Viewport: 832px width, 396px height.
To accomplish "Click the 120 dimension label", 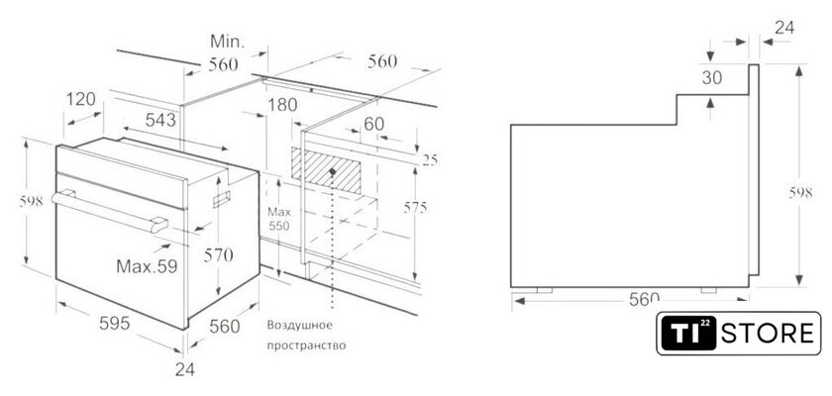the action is [81, 99].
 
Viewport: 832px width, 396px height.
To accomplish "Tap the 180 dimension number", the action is [282, 105].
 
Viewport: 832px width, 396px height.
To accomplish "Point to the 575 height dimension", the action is [415, 208].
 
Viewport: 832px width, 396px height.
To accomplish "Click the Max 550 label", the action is [278, 219].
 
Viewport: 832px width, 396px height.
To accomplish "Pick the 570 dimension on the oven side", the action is [218, 255].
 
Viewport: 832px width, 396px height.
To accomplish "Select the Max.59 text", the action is [147, 265].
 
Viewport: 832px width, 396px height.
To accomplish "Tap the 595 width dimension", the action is [115, 323].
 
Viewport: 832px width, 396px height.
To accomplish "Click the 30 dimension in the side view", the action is [712, 78].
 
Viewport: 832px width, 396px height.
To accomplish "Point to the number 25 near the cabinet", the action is [430, 160].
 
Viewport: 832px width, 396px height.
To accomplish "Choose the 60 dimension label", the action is [374, 124].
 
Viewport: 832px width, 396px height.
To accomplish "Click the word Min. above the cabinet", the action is [227, 42].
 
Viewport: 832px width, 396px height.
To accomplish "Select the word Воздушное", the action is [300, 325].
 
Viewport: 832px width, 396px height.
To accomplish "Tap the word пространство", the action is [306, 346].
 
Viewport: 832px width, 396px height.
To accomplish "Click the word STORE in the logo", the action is [768, 334].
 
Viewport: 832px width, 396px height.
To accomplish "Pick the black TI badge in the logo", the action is [687, 334].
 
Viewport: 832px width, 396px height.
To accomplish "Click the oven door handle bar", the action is [110, 212].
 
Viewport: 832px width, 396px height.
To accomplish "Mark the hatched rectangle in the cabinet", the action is [326, 170].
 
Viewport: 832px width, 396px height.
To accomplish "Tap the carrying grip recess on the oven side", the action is [222, 198].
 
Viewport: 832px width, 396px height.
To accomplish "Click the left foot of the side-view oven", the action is [545, 290].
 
